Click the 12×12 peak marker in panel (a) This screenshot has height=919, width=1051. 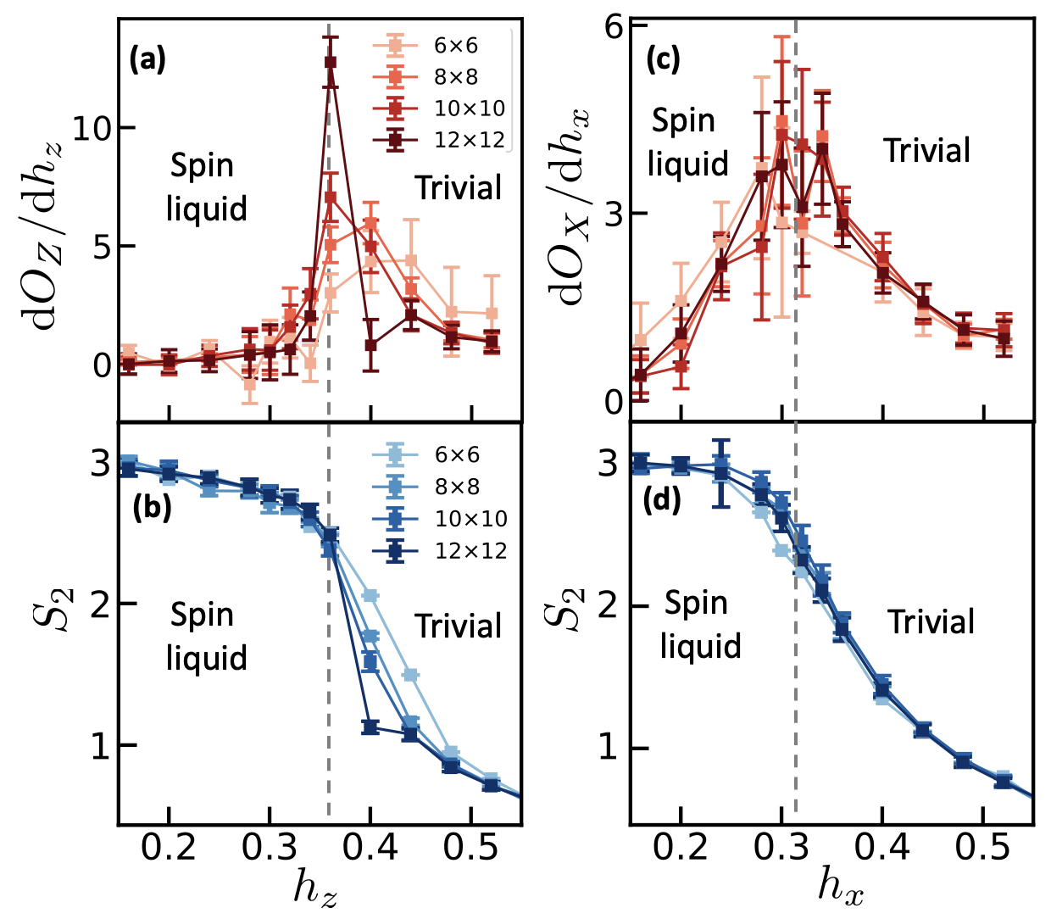pyautogui.click(x=330, y=62)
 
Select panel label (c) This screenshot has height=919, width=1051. pyautogui.click(x=663, y=60)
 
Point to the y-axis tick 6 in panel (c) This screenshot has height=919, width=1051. pyautogui.click(x=614, y=26)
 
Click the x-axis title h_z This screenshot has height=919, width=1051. pyautogui.click(x=316, y=888)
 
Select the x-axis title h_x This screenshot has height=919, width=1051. pyautogui.click(x=840, y=887)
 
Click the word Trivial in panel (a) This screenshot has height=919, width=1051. pyautogui.click(x=458, y=187)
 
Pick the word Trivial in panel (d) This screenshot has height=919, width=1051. pyautogui.click(x=931, y=621)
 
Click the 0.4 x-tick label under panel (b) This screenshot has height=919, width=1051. pyautogui.click(x=370, y=848)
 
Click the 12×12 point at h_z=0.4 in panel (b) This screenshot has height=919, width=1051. pyautogui.click(x=370, y=727)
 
